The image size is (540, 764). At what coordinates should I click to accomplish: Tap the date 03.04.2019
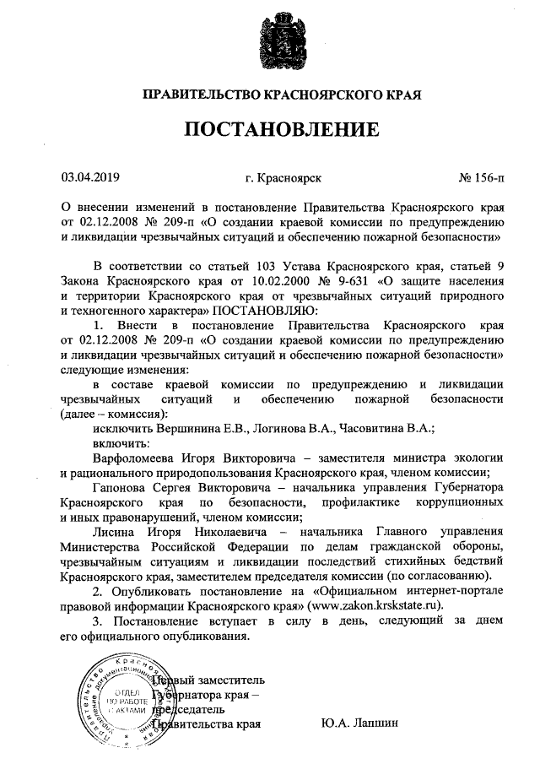pos(91,178)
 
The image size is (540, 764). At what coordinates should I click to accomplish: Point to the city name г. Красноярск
pos(282,178)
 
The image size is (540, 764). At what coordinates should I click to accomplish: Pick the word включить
pos(119,443)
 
